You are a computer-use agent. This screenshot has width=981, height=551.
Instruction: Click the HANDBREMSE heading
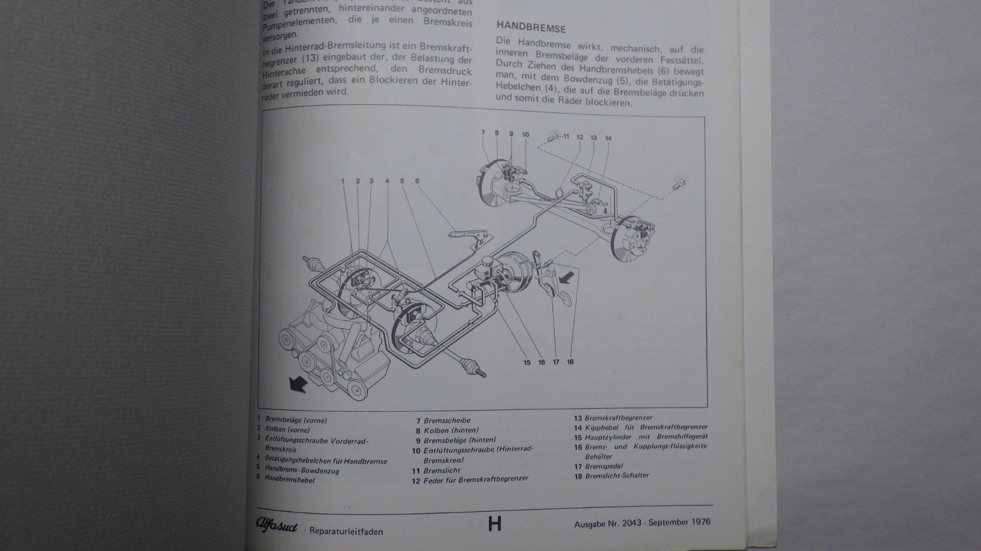pyautogui.click(x=531, y=28)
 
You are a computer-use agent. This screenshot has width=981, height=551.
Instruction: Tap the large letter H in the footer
pyautogui.click(x=494, y=524)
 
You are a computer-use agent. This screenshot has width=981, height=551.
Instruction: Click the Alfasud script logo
pyautogui.click(x=277, y=525)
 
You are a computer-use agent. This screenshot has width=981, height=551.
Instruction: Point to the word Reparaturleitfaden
pyautogui.click(x=346, y=531)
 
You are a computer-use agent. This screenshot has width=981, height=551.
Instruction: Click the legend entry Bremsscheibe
pyautogui.click(x=446, y=420)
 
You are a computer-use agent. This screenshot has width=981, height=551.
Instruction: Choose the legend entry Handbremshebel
pyautogui.click(x=289, y=480)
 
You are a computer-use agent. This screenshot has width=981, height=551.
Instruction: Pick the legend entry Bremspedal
pyautogui.click(x=603, y=466)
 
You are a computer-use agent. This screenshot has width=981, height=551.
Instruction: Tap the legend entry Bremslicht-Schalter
pyautogui.click(x=617, y=475)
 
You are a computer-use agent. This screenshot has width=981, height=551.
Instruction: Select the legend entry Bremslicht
pyautogui.click(x=441, y=470)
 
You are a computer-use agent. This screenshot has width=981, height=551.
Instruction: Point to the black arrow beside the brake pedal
pyautogui.click(x=567, y=277)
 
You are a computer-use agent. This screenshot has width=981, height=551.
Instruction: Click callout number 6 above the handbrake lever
pyautogui.click(x=417, y=181)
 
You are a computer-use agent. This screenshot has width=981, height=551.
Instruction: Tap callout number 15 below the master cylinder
pyautogui.click(x=527, y=362)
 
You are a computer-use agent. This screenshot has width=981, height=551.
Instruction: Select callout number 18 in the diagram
pyautogui.click(x=570, y=362)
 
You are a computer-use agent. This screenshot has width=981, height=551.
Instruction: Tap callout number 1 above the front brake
pyautogui.click(x=344, y=181)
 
